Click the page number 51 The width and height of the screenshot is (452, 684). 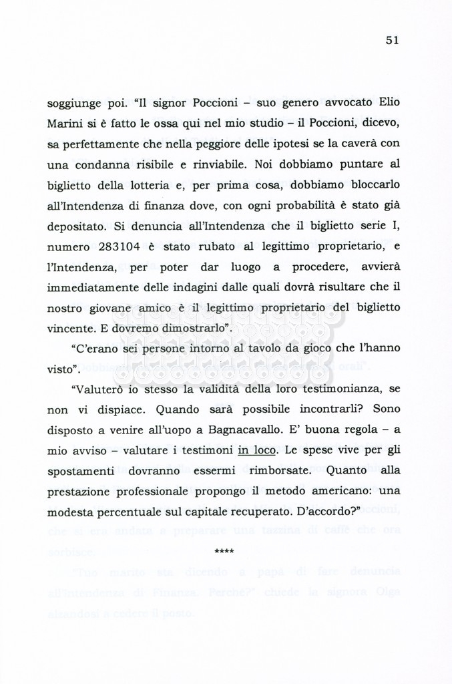392,40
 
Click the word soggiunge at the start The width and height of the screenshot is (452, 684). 73,104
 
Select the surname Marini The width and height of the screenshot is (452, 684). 65,124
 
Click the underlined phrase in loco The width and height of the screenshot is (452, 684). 258,450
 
